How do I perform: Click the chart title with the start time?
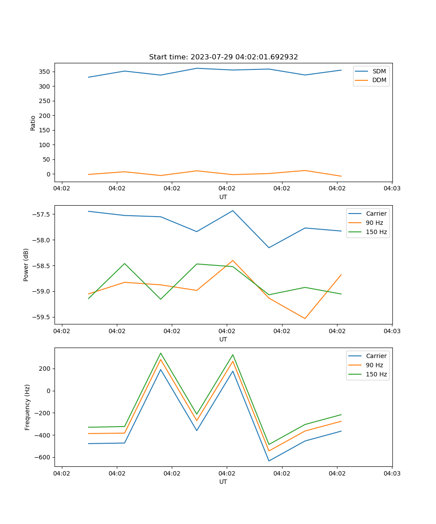223,57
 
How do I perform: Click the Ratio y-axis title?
33,123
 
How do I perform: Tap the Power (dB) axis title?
26,265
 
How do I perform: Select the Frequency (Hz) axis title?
27,407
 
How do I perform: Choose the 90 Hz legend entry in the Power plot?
374,223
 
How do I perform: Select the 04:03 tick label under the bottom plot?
392,473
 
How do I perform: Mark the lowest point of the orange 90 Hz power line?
305,318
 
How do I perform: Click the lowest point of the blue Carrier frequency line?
269,461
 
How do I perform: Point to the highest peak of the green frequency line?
160,353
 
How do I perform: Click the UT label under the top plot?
223,197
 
